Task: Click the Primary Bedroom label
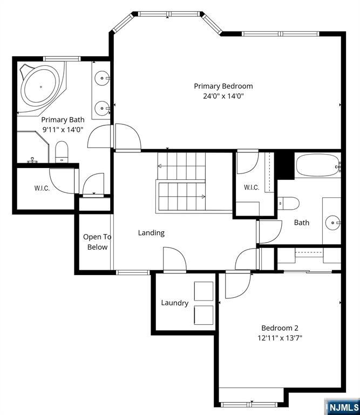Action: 223,86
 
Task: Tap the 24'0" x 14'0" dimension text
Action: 223,96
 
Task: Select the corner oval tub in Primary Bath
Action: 40,86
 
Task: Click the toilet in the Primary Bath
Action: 62,152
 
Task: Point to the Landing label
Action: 151,233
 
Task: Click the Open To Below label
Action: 97,242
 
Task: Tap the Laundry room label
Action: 175,303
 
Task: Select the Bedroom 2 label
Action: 280,328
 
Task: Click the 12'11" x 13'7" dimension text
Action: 280,338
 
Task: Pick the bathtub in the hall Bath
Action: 318,166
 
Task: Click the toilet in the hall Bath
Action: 288,203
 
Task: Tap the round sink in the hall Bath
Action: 333,223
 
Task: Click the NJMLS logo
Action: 343,406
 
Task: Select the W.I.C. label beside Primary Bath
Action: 42,189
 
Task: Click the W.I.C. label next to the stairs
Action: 252,188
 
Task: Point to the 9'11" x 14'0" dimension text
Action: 63,130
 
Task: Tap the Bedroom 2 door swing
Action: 237,285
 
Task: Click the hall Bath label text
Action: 302,223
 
